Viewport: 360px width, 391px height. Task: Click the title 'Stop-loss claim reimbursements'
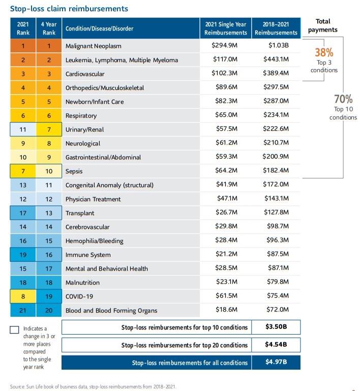pyautogui.click(x=69, y=9)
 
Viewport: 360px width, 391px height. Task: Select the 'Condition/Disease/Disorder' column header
pyautogui.click(x=99, y=28)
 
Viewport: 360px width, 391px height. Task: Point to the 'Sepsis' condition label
pyautogui.click(x=74, y=171)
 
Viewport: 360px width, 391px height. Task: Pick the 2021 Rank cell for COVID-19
pyautogui.click(x=23, y=296)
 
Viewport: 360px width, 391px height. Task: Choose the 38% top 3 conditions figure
pyautogui.click(x=324, y=53)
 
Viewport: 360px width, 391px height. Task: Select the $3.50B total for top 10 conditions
pyautogui.click(x=277, y=327)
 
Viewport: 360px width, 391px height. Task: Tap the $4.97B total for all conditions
pyautogui.click(x=277, y=363)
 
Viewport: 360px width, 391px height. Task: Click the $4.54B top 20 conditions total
pyautogui.click(x=277, y=345)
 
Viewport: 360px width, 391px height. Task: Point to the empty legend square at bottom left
pyautogui.click(x=15, y=329)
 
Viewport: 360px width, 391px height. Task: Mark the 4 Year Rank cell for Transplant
pyautogui.click(x=49, y=213)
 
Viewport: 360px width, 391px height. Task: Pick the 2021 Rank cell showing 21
pyautogui.click(x=23, y=310)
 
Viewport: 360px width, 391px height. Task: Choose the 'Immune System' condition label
pyautogui.click(x=88, y=255)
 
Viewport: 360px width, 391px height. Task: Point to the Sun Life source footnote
pyautogui.click(x=93, y=386)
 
